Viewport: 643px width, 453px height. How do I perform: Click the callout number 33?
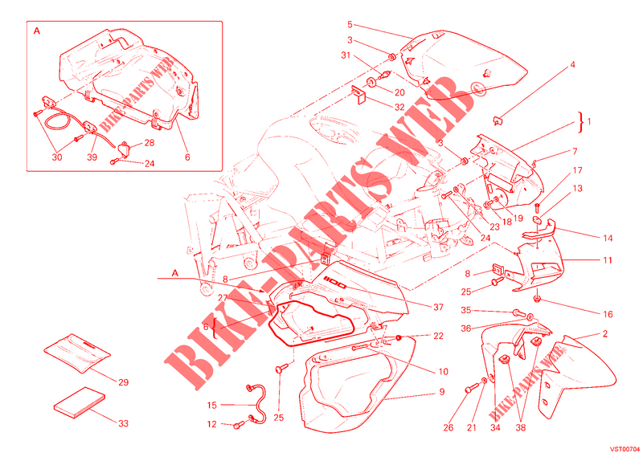click(x=123, y=423)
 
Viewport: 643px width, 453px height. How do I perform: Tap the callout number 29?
click(x=123, y=382)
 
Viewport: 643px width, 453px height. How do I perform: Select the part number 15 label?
click(x=211, y=406)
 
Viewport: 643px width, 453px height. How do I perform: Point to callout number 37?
click(x=438, y=307)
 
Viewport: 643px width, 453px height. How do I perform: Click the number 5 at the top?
click(x=350, y=25)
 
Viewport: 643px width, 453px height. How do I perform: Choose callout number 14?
click(x=608, y=239)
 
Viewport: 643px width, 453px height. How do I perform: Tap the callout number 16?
click(x=608, y=314)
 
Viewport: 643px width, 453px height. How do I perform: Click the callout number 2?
click(x=605, y=333)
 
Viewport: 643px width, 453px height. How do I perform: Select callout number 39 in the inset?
click(x=92, y=157)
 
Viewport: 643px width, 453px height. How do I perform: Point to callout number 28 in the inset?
click(x=149, y=143)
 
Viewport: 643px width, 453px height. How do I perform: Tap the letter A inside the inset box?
click(x=37, y=31)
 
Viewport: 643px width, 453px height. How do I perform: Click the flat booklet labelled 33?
click(x=80, y=402)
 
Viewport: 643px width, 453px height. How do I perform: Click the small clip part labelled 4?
click(x=498, y=120)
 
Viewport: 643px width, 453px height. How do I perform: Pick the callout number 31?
click(x=346, y=55)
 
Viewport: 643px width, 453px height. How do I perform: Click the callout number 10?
click(x=444, y=372)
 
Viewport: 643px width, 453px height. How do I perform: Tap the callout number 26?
click(x=448, y=428)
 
